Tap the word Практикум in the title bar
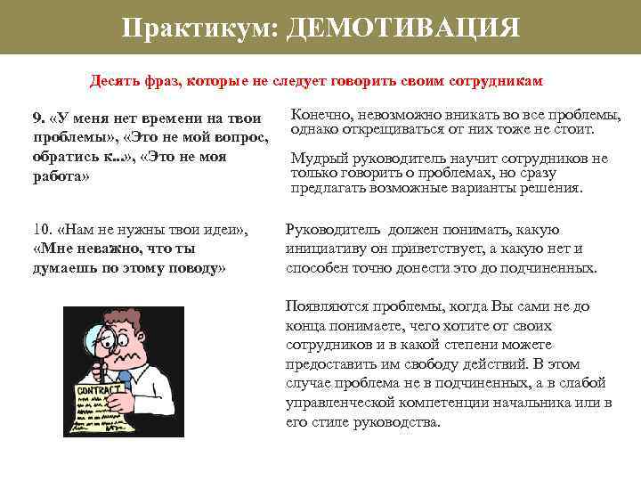click(x=199, y=28)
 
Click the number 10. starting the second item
click(x=40, y=232)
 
